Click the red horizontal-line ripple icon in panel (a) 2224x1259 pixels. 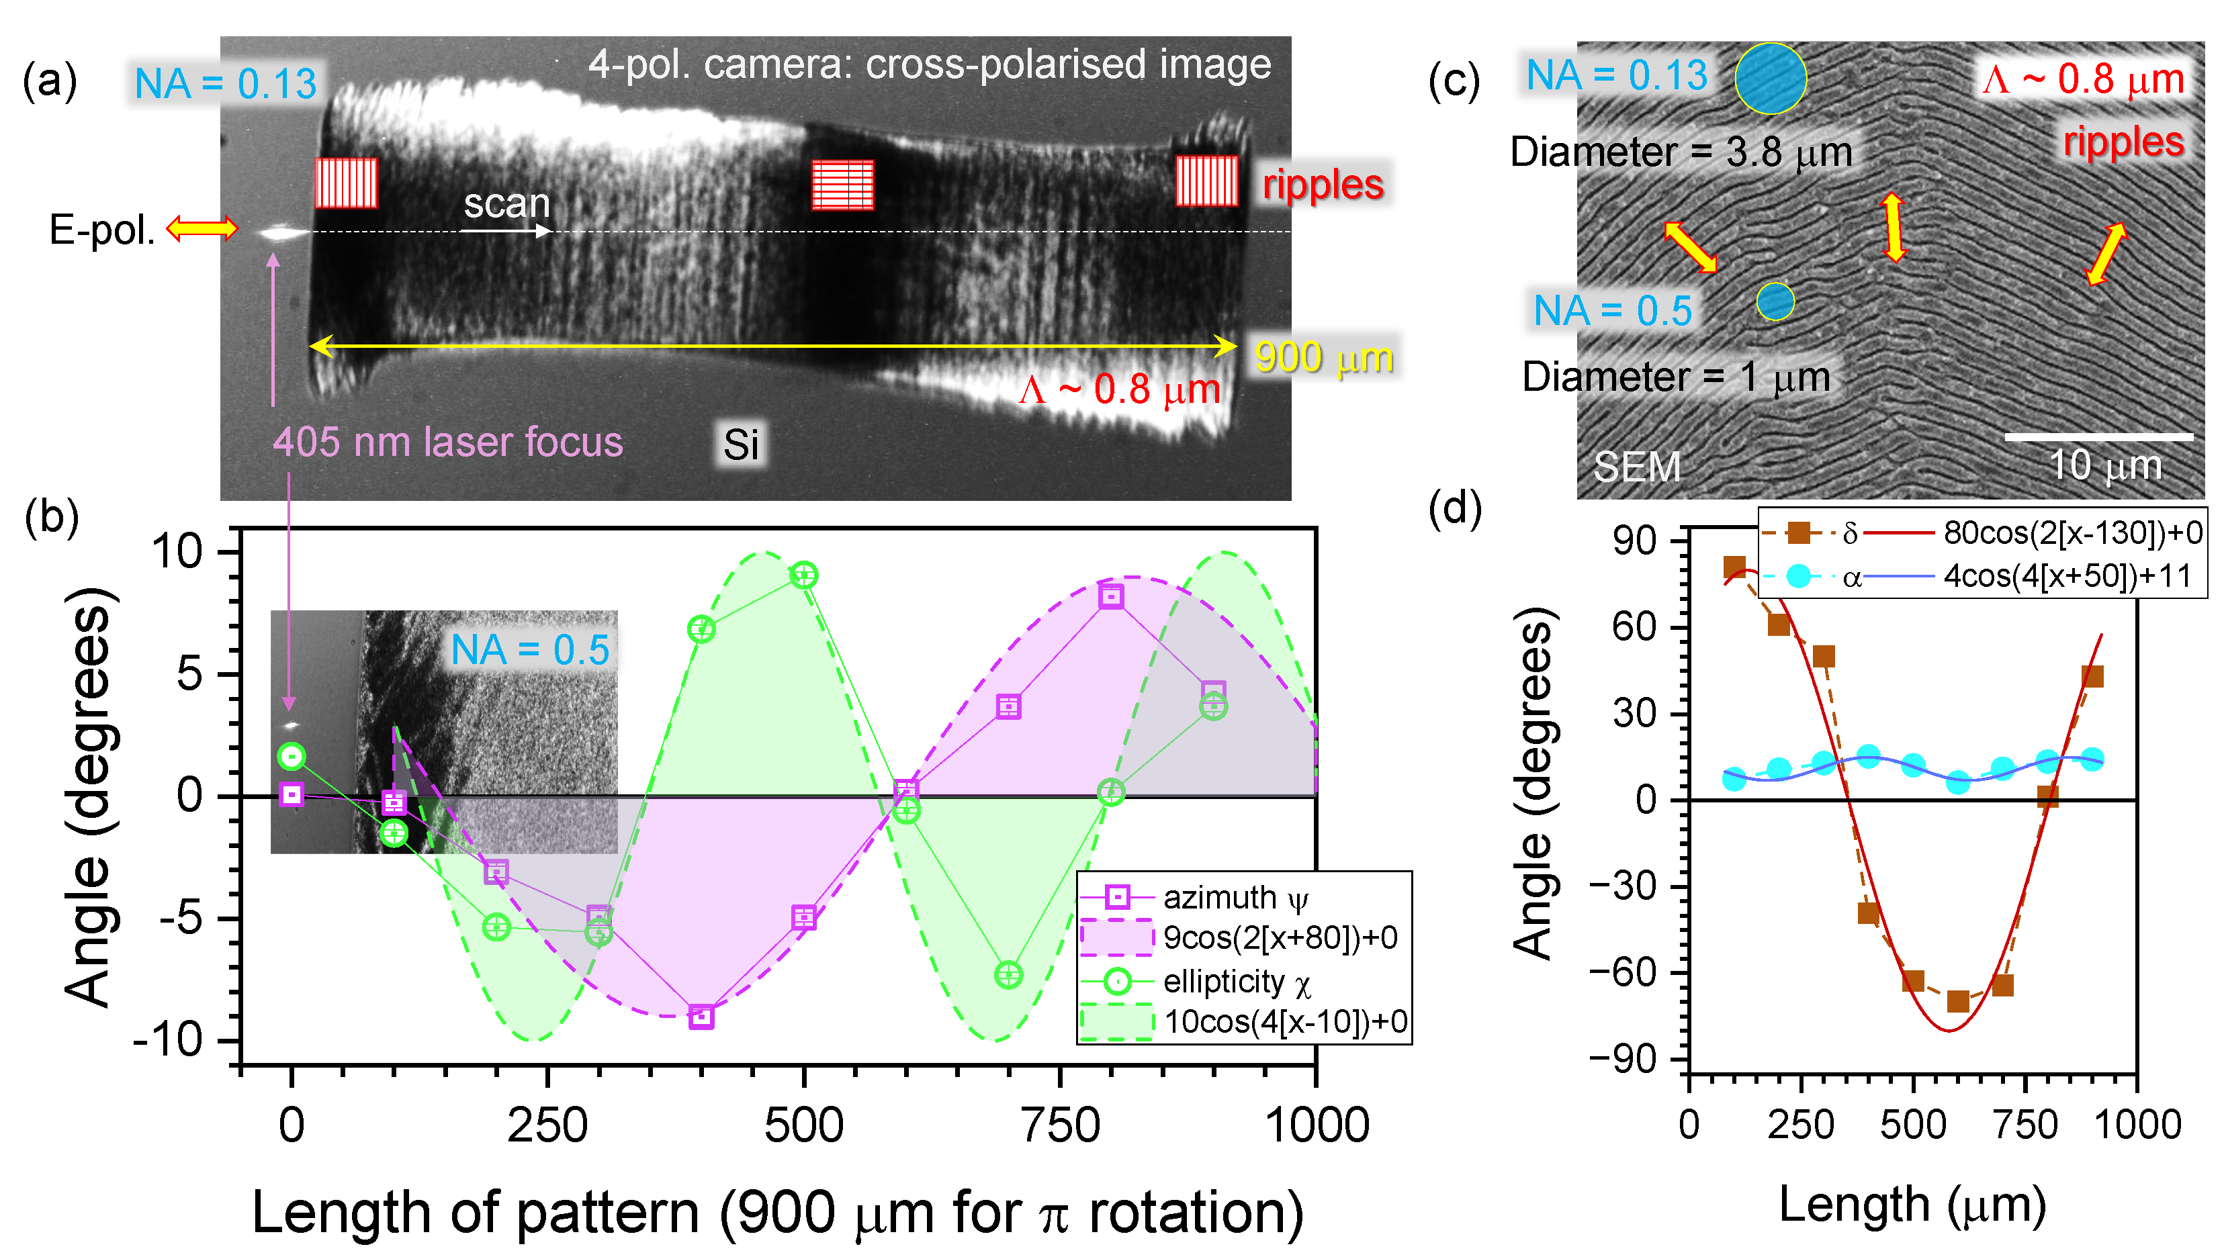[842, 185]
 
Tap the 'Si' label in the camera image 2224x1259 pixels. [740, 445]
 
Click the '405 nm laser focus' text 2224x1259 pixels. [447, 442]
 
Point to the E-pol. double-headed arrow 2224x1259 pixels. [202, 228]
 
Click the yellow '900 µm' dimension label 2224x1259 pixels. [1323, 357]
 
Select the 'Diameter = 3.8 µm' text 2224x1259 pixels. [1680, 153]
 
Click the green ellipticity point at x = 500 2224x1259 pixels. [803, 575]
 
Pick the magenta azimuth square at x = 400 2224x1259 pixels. [701, 1017]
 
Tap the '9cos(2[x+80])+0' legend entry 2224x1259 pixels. [1280, 937]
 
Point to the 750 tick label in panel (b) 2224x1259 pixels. [1060, 1126]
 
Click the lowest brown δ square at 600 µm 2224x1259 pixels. [1957, 1001]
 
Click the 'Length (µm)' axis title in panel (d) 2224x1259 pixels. [1912, 1205]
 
